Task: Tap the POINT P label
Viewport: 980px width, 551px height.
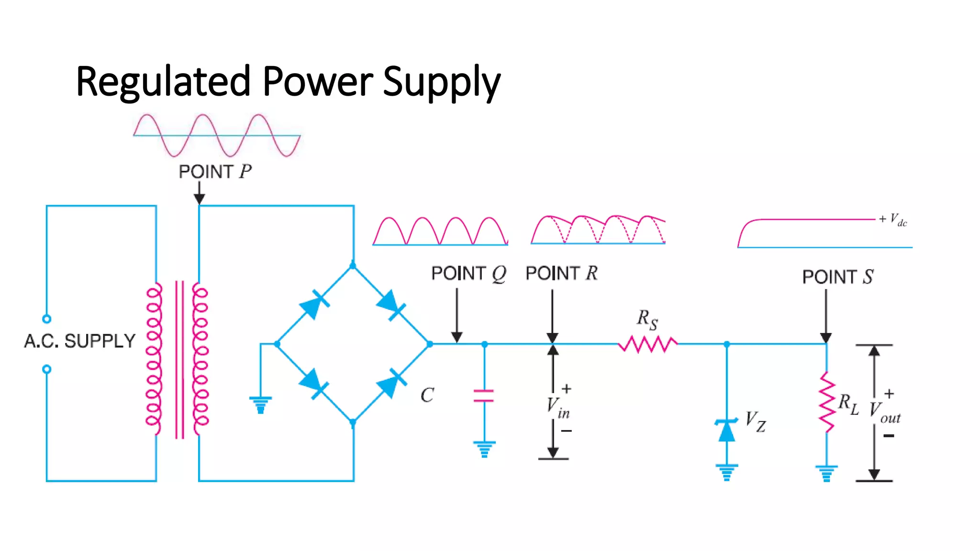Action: tap(215, 172)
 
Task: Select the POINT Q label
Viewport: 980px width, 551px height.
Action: tap(468, 274)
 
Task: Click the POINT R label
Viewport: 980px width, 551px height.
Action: tap(561, 274)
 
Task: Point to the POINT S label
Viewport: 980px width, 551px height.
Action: tap(837, 277)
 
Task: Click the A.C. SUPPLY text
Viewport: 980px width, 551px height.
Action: tap(80, 341)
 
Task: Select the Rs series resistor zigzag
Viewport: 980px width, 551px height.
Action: tap(648, 344)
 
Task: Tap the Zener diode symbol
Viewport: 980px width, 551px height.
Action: tap(726, 430)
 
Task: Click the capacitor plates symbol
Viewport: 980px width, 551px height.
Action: tap(484, 396)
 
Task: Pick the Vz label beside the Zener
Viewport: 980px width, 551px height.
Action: tap(756, 421)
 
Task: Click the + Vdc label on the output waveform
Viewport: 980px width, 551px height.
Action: tap(893, 220)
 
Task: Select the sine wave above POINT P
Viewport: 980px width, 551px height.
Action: tap(217, 135)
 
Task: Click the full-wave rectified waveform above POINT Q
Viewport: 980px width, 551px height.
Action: tap(440, 232)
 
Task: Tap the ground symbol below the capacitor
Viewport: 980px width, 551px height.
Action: tap(484, 449)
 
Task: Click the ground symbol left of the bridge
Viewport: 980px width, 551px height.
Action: tap(260, 405)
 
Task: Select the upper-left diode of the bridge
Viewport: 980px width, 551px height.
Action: tap(314, 305)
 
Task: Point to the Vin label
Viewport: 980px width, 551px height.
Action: tap(558, 408)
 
